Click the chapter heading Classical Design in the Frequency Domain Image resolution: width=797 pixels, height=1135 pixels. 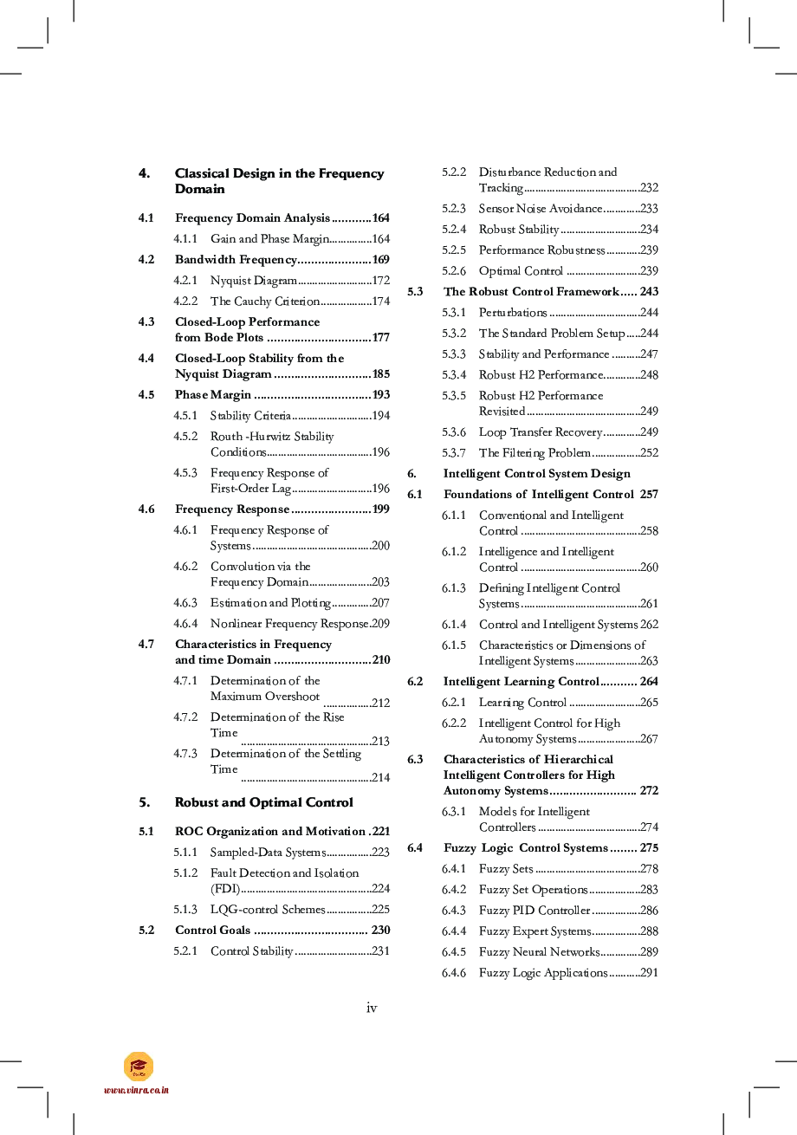pos(279,181)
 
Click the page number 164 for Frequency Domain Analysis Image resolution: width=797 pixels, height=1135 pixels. pos(381,218)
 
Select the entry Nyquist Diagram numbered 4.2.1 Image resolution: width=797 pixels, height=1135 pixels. pos(254,281)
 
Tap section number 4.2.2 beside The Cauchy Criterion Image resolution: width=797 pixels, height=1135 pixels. pos(185,302)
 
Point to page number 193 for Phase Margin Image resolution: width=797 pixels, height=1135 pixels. pos(381,395)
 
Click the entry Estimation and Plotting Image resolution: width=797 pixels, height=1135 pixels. pos(270,603)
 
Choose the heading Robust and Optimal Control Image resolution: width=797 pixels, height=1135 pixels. pos(263,802)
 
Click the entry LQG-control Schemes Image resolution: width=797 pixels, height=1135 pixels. pos(268,910)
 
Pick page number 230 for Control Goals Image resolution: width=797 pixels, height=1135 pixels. pos(381,931)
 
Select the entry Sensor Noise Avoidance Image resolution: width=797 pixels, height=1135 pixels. pos(541,209)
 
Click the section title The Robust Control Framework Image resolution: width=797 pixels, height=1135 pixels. pos(532,292)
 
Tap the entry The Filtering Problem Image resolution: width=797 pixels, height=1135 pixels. pos(535,453)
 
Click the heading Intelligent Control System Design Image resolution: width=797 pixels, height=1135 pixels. pos(537,474)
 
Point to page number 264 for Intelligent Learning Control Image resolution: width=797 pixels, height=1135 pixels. pos(649,682)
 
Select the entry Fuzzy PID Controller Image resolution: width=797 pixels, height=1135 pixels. pos(535,911)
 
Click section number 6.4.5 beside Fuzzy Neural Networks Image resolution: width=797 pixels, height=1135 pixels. pos(454,952)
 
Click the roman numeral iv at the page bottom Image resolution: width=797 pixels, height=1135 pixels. pos(372,1008)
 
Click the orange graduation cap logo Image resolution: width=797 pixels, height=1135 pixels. pos(139,1067)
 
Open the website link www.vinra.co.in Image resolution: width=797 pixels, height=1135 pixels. pos(137,1090)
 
